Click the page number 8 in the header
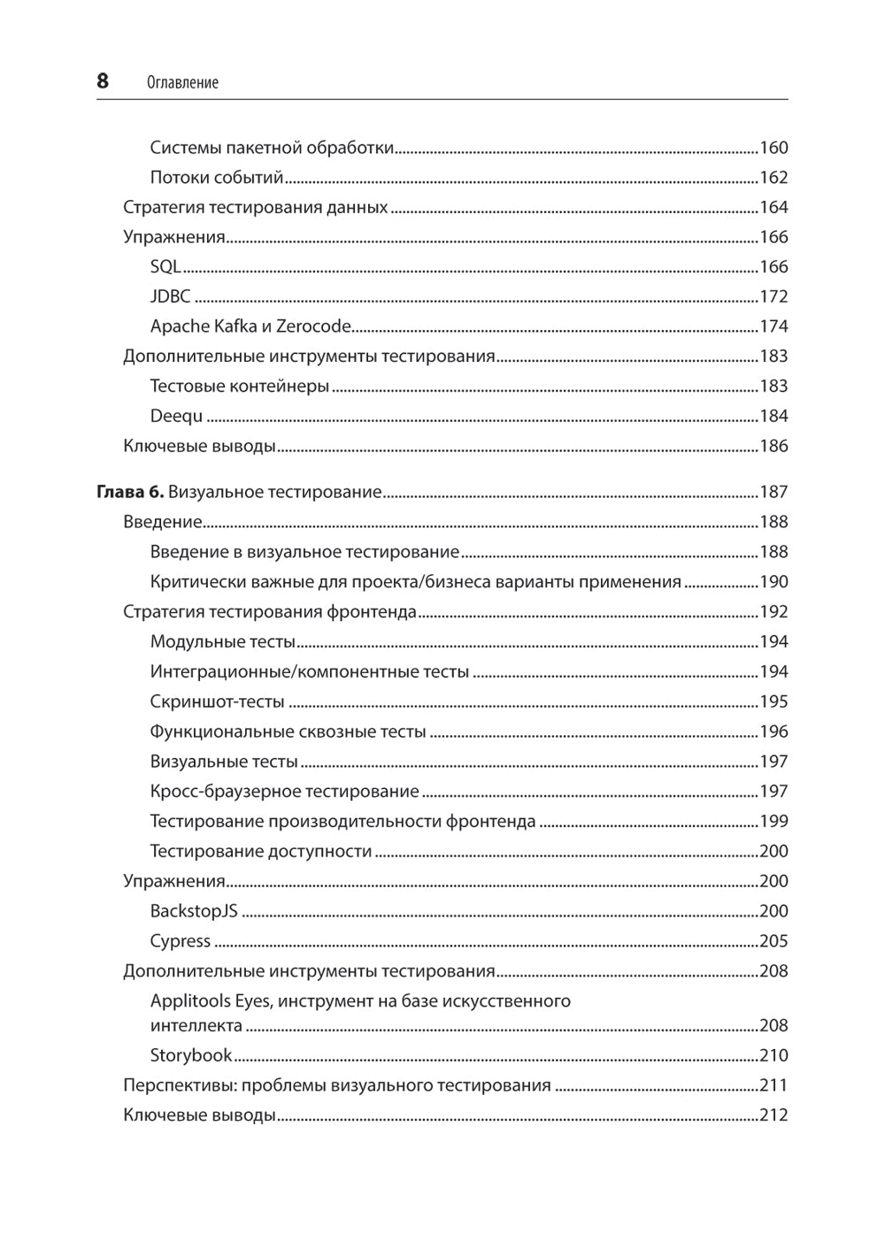[x=103, y=81]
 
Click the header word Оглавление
[x=182, y=83]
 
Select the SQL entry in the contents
[x=165, y=267]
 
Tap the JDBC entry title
[x=170, y=297]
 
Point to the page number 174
[x=773, y=326]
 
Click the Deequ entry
[x=176, y=416]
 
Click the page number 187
[x=773, y=492]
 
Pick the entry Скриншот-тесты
[x=218, y=701]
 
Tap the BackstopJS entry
[x=194, y=911]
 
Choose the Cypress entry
[x=181, y=941]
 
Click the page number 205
[x=773, y=941]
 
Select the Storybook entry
[x=191, y=1055]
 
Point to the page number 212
[x=773, y=1115]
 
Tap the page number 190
[x=773, y=582]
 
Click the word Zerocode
[x=313, y=326]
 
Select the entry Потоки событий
[x=217, y=178]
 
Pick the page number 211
[x=773, y=1085]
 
